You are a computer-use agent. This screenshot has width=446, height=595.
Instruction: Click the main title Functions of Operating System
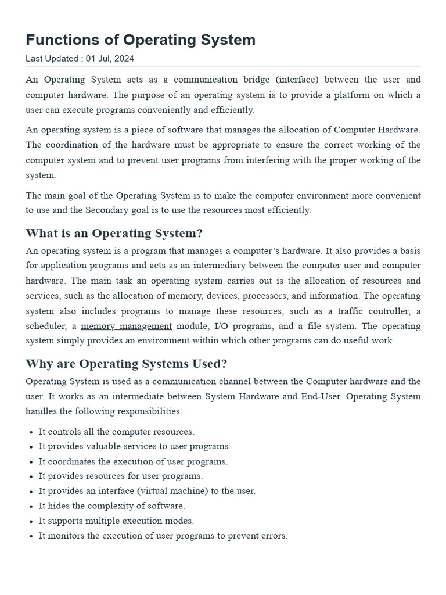(x=141, y=40)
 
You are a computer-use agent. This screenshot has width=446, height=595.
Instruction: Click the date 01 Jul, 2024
(x=110, y=59)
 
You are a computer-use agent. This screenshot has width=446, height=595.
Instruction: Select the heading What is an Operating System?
(x=114, y=233)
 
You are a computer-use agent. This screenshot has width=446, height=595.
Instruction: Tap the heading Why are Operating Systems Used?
(x=126, y=364)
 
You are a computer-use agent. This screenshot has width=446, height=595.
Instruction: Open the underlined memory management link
(x=126, y=326)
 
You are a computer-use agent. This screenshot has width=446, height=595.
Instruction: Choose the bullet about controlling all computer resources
(x=116, y=432)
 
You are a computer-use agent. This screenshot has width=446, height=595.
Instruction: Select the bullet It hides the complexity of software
(x=111, y=506)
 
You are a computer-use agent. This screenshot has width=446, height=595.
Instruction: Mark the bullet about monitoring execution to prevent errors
(x=163, y=536)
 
